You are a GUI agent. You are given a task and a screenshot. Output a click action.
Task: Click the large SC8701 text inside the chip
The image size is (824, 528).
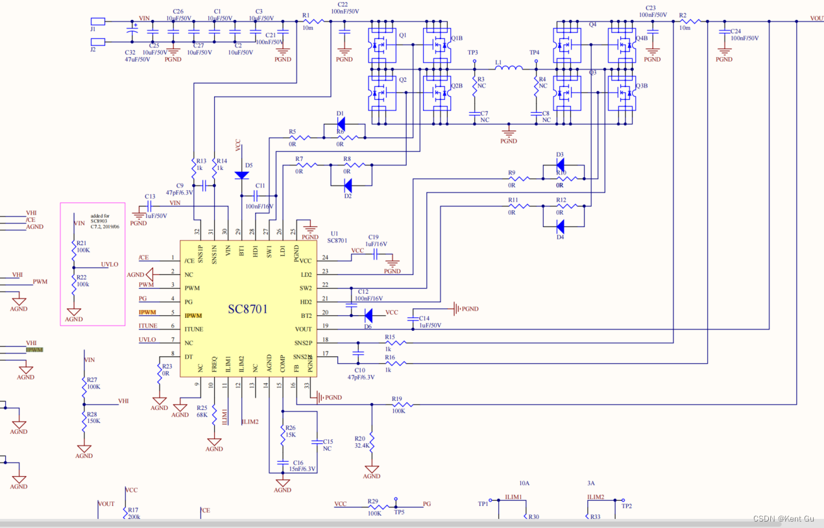point(247,309)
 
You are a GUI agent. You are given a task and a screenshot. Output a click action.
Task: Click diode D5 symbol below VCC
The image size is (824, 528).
point(241,175)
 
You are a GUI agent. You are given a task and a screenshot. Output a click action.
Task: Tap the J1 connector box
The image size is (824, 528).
point(97,21)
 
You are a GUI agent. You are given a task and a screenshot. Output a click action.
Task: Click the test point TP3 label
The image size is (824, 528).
point(472,53)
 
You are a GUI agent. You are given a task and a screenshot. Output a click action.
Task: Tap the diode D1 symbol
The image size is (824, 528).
point(341,123)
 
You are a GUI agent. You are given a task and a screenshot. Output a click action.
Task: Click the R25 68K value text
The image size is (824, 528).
point(202,416)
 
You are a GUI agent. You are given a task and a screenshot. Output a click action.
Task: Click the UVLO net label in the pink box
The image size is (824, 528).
point(110,265)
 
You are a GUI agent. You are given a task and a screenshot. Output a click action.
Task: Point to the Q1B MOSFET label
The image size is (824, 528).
point(457,38)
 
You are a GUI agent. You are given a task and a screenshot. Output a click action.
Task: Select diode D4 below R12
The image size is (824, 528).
point(559,226)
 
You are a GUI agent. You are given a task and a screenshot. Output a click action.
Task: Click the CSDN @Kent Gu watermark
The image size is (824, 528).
point(783,518)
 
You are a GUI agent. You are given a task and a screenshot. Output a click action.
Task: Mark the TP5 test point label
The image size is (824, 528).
point(398,512)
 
